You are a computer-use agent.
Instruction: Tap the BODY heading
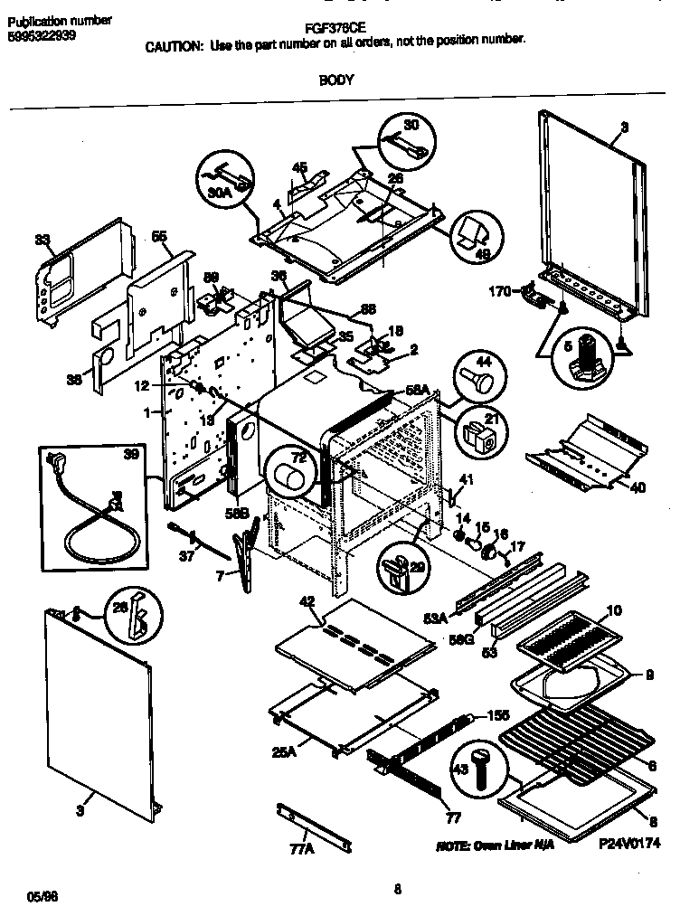(x=335, y=80)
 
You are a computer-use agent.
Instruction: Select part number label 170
(x=498, y=290)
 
